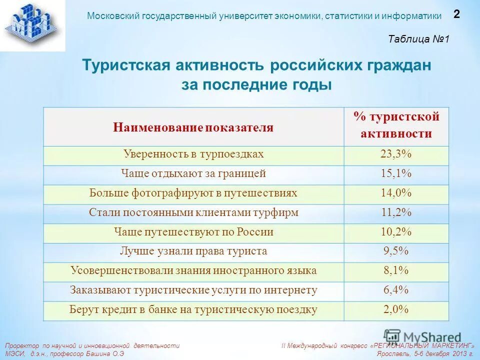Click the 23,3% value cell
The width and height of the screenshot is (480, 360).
(396, 154)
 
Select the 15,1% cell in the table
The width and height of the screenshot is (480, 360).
(396, 174)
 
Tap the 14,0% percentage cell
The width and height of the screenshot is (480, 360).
(396, 193)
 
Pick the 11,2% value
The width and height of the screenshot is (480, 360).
(396, 213)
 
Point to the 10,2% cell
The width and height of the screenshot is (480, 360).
(396, 232)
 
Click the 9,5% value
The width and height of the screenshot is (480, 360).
(396, 251)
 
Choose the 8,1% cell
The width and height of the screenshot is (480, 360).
(396, 271)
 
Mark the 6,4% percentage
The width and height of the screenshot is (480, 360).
(396, 290)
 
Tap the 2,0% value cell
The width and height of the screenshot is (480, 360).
(396, 310)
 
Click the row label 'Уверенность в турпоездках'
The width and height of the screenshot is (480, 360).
(193, 154)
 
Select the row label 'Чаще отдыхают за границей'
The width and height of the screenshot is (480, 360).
(193, 174)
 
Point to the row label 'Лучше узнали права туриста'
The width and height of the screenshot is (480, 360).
(193, 251)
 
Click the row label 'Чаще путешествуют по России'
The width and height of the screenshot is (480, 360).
(193, 232)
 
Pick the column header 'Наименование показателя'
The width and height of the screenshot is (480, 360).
(193, 127)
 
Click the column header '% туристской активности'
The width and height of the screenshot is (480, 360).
(396, 125)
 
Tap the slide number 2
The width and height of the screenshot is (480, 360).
(456, 14)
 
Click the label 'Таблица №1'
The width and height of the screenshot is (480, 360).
(419, 39)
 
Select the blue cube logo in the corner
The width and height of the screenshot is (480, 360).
(32, 24)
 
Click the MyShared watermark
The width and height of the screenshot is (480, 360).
(422, 336)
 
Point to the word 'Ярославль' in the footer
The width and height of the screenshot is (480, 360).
(395, 353)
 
